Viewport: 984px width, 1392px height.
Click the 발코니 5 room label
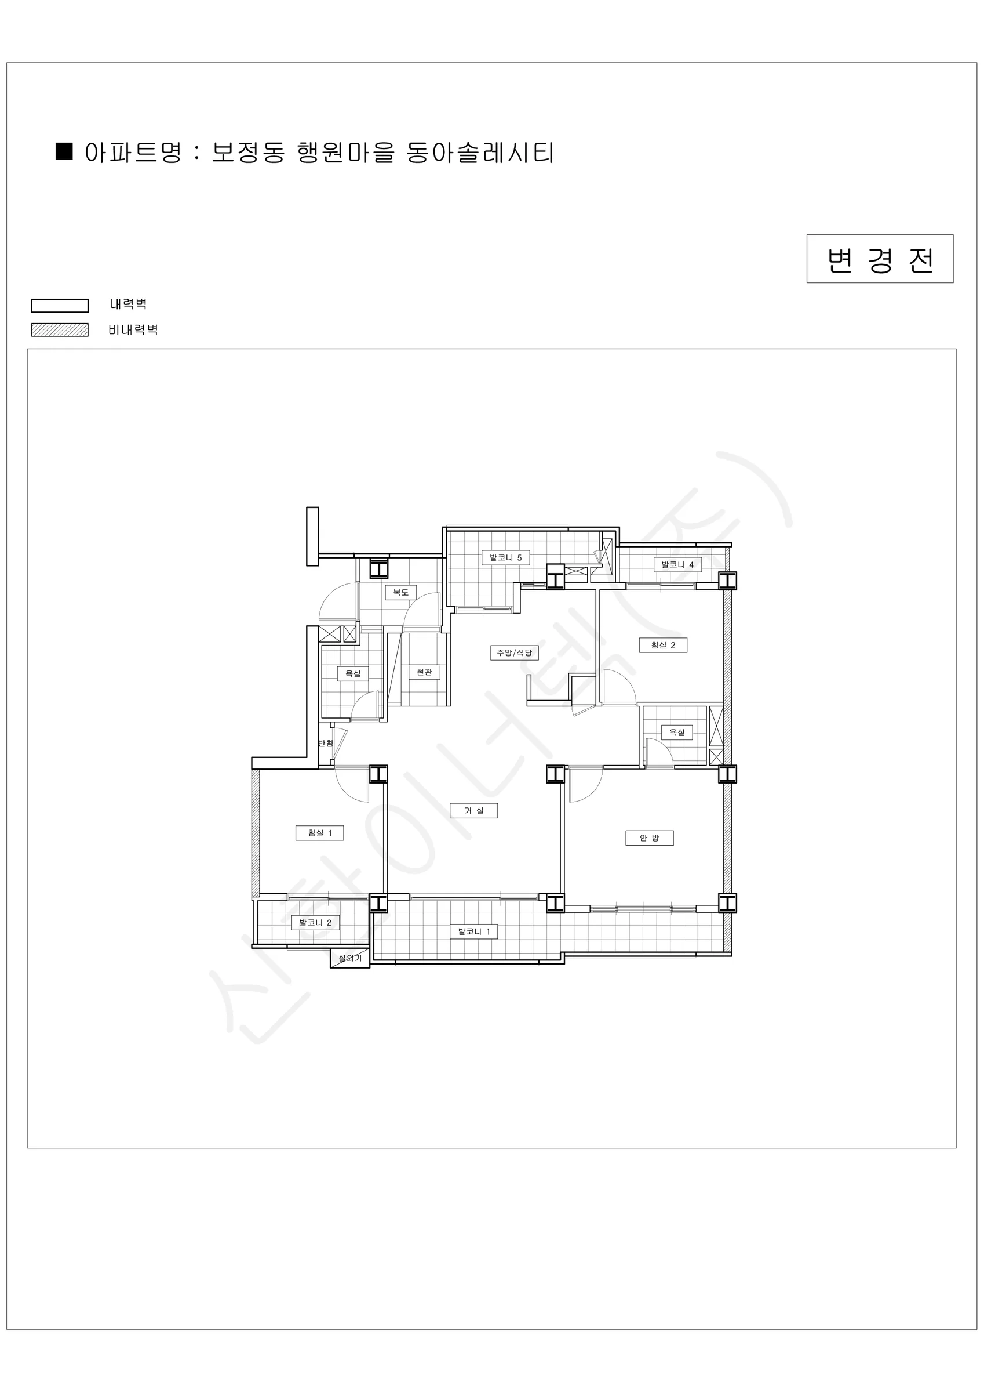point(505,557)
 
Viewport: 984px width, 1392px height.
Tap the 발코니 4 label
point(677,564)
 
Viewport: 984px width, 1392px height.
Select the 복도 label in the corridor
point(400,592)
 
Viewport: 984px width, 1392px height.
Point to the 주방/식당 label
point(514,652)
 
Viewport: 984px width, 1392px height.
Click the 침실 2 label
point(663,645)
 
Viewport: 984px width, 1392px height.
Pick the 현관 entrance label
point(424,672)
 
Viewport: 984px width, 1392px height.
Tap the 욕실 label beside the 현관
point(353,673)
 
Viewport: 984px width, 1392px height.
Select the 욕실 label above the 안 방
point(677,733)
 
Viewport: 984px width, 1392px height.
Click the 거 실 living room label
point(474,811)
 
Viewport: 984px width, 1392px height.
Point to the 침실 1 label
point(320,833)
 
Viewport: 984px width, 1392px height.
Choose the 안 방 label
point(650,838)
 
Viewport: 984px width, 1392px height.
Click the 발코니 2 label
point(315,923)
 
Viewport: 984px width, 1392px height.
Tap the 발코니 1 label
point(474,931)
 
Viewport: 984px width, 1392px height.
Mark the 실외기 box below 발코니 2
point(349,958)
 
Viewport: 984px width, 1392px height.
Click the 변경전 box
point(880,259)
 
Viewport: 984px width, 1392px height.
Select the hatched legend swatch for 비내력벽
point(60,330)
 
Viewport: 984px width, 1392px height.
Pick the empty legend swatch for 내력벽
point(60,305)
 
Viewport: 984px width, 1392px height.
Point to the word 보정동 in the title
point(248,152)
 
